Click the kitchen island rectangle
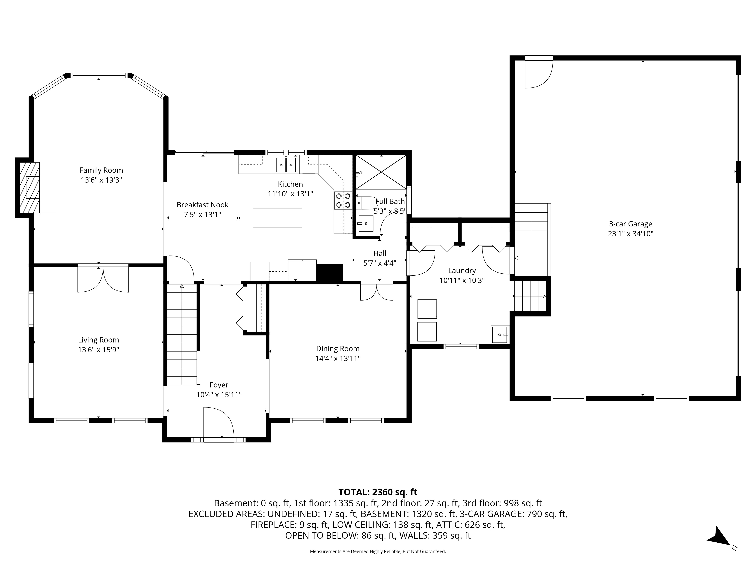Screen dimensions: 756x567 click(277, 218)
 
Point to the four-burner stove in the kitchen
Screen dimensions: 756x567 click(343, 201)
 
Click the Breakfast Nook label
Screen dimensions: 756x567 click(202, 205)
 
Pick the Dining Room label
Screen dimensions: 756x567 click(338, 349)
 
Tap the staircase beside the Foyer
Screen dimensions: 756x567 click(182, 335)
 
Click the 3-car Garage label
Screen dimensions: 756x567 click(631, 224)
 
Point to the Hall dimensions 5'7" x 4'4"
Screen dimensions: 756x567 click(380, 263)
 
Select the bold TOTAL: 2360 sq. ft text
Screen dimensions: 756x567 click(378, 492)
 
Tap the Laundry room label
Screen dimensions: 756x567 click(462, 271)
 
